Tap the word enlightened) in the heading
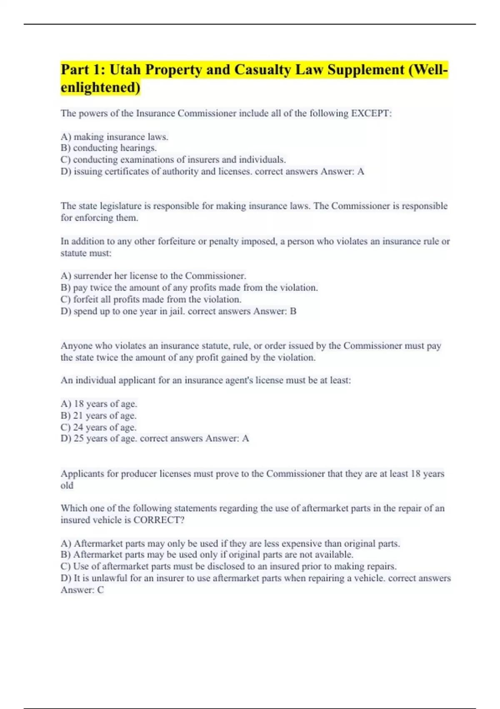tap(100, 88)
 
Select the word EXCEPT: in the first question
tap(372, 113)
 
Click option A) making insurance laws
tap(115, 137)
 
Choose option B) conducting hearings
tap(109, 148)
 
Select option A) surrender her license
tap(153, 276)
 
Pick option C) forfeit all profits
tap(151, 299)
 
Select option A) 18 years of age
tap(99, 404)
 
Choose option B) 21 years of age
tap(98, 416)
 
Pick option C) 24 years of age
tap(98, 427)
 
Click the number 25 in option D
tap(78, 439)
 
